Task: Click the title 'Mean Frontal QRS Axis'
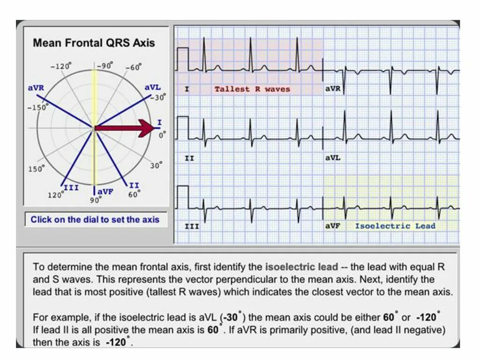click(x=94, y=43)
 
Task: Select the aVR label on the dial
click(x=36, y=88)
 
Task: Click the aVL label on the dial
click(x=152, y=88)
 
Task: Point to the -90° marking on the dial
click(x=105, y=66)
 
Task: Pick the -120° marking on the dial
click(x=62, y=67)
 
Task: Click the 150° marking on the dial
click(x=36, y=169)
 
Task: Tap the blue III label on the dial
click(x=71, y=187)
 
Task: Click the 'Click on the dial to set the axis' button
click(x=95, y=219)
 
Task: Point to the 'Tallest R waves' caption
click(x=252, y=89)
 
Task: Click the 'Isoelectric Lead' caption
click(x=395, y=226)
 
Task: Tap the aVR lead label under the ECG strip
click(x=333, y=89)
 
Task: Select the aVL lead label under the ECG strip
click(x=333, y=158)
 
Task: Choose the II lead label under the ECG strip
click(x=189, y=158)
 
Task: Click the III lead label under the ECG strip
click(x=191, y=226)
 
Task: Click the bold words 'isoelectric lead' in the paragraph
click(x=301, y=267)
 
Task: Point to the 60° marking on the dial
click(x=134, y=194)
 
